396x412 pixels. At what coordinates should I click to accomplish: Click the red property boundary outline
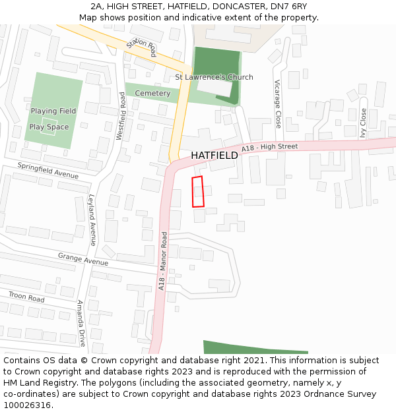198,192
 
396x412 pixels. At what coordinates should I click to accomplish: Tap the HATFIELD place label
214,156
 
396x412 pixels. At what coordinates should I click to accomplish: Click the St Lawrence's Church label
214,77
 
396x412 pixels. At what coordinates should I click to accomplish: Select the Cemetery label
152,94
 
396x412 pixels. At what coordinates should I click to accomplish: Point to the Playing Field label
53,111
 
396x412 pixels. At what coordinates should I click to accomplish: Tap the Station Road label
141,47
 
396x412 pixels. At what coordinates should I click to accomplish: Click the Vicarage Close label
278,105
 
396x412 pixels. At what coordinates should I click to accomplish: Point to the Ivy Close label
363,121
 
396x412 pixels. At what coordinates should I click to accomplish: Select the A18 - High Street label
269,148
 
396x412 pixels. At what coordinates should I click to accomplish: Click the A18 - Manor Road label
162,260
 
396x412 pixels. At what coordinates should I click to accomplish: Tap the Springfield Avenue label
48,171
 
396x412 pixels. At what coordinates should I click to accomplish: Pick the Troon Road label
26,297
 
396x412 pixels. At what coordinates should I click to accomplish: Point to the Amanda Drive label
81,323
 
